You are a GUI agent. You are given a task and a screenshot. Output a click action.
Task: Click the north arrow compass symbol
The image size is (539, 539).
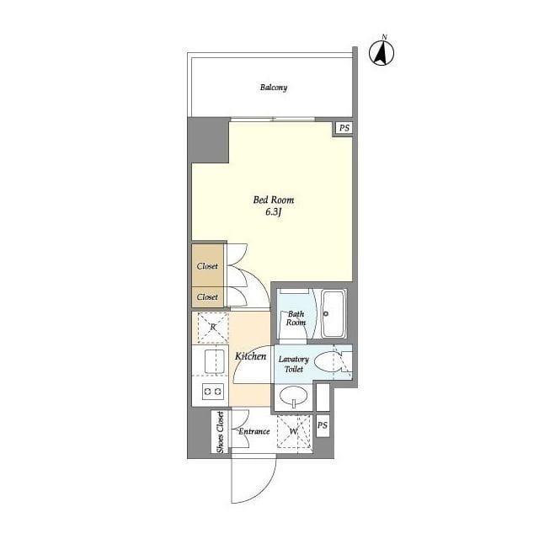[x=382, y=52]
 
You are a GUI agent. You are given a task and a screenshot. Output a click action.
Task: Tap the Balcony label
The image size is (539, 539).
[x=274, y=88]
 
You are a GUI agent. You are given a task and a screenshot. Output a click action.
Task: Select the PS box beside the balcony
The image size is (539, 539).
[x=344, y=128]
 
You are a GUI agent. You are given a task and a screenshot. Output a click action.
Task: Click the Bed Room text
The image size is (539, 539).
[x=274, y=200]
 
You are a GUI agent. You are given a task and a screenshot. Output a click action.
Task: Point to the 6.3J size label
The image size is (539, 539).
[x=274, y=211]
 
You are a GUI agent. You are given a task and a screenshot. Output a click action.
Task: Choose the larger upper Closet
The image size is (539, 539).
[x=208, y=265]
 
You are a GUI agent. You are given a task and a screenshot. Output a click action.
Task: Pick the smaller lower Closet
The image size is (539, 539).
[x=208, y=296]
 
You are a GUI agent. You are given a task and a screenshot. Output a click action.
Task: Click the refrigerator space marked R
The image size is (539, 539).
[x=213, y=327]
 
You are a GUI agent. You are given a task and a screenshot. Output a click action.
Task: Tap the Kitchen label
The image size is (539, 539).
[x=251, y=356]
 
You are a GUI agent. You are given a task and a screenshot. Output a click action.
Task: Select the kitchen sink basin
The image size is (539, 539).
[x=215, y=361]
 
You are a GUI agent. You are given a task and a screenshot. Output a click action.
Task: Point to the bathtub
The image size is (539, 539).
[x=334, y=314]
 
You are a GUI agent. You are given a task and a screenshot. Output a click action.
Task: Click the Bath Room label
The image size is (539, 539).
[x=296, y=318]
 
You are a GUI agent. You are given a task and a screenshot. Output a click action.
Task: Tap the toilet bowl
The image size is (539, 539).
[x=328, y=362]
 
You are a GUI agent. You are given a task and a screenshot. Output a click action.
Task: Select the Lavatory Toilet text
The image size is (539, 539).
[x=294, y=364]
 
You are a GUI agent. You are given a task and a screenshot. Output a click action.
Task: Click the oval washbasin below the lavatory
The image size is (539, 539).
[x=293, y=397]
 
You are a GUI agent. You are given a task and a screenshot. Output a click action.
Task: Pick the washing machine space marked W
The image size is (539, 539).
[x=294, y=431]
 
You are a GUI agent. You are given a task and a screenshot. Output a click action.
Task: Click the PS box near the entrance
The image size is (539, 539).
[x=323, y=425]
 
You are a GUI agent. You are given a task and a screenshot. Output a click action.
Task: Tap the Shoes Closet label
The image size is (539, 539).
[x=220, y=432]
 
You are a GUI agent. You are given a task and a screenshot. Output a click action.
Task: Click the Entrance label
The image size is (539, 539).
[x=254, y=431]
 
